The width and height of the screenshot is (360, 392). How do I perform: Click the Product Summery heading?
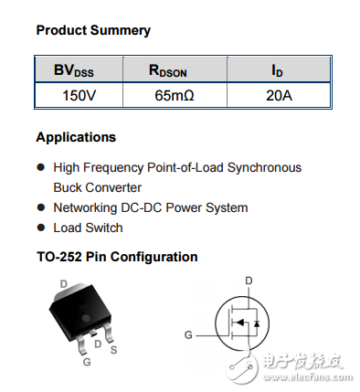93,30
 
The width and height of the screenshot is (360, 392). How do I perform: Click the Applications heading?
76,137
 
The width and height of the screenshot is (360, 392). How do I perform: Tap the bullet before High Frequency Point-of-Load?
40,168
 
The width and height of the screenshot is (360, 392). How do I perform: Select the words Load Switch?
88,228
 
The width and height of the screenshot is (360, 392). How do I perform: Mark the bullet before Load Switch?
40,228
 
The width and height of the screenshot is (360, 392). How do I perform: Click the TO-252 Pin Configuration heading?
117,257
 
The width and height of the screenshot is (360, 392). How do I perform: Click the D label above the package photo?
63,284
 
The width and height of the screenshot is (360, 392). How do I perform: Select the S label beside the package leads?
113,350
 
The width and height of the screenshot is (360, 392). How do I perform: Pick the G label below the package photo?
87,363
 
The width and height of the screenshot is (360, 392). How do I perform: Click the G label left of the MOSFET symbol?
188,335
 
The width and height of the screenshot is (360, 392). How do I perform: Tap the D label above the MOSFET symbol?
248,281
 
